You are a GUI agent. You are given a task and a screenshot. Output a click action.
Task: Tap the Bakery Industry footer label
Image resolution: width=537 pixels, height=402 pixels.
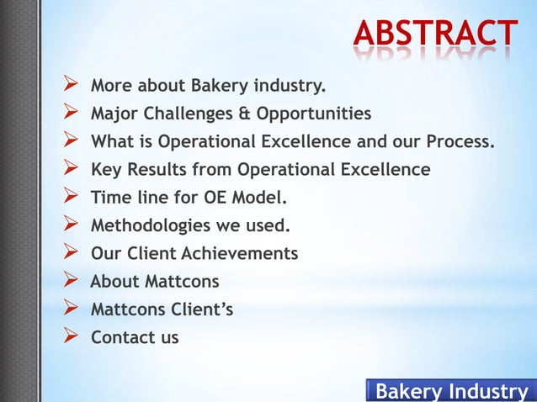[450, 391]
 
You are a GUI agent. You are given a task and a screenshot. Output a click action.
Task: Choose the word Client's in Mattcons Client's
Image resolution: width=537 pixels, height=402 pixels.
[203, 309]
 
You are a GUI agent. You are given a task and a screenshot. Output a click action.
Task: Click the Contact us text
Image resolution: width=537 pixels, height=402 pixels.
[135, 338]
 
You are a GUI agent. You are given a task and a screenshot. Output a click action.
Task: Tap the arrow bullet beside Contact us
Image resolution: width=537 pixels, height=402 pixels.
[72, 338]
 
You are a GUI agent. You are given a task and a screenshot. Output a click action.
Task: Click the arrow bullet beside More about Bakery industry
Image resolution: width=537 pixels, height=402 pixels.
[72, 85]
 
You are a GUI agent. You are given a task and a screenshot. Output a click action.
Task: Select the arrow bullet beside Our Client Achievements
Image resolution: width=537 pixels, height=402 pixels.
[72, 253]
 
